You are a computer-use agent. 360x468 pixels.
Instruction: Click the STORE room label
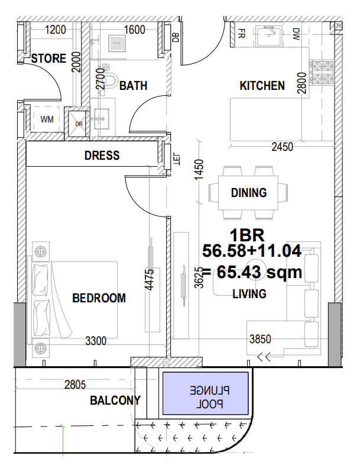pyautogui.click(x=48, y=59)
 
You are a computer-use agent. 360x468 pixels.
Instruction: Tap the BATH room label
pyautogui.click(x=133, y=86)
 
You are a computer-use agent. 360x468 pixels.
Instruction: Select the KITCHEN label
pyautogui.click(x=262, y=86)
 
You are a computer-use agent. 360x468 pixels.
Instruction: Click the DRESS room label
pyautogui.click(x=102, y=156)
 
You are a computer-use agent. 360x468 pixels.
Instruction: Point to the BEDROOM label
pyautogui.click(x=99, y=298)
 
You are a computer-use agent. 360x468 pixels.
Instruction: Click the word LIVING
pyautogui.click(x=249, y=293)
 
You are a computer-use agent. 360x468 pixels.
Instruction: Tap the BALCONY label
pyautogui.click(x=115, y=401)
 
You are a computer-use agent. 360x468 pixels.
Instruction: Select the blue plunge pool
pyautogui.click(x=206, y=393)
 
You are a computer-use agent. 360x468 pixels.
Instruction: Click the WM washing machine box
pyautogui.click(x=47, y=120)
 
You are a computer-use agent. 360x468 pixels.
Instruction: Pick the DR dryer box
pyautogui.click(x=79, y=124)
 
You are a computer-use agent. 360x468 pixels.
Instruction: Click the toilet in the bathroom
pyautogui.click(x=110, y=78)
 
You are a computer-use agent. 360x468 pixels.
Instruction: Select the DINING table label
pyautogui.click(x=248, y=192)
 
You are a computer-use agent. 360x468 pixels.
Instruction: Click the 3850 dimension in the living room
pyautogui.click(x=260, y=339)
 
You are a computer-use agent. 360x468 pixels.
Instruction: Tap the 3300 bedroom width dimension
pyautogui.click(x=96, y=341)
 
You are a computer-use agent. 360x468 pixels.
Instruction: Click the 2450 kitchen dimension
pyautogui.click(x=282, y=147)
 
